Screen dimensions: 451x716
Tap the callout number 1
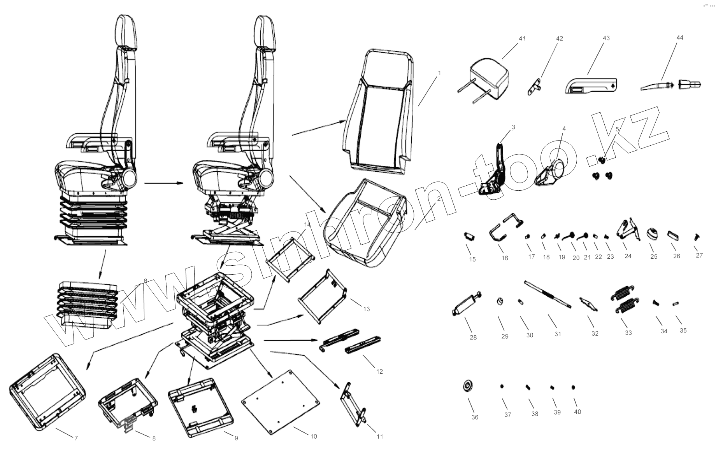click(439, 73)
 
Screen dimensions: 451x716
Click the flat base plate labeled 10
click(280, 401)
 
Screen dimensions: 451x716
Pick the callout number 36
click(475, 417)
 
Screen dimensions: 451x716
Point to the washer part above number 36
click(467, 386)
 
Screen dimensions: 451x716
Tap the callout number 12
click(379, 371)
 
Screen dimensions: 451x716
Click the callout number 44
click(680, 38)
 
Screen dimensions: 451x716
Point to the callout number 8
click(154, 438)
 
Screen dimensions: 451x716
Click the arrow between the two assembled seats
click(163, 183)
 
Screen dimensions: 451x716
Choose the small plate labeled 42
click(535, 87)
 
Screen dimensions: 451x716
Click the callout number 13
click(366, 309)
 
